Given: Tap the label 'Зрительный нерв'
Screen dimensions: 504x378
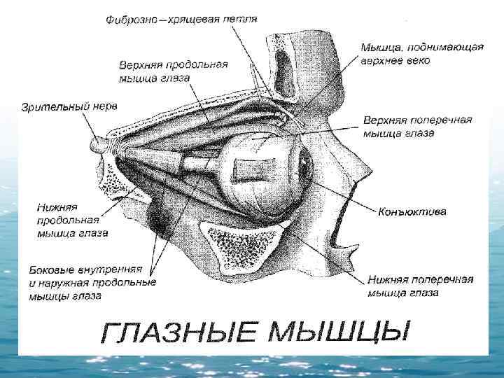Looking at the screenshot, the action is coord(69,107).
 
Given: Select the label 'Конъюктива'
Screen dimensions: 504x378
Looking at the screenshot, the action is coord(412,211).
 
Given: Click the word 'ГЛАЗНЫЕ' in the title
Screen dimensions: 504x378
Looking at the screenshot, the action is coord(182,335).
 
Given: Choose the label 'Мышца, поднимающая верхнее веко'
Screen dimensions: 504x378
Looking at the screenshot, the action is coord(421,54).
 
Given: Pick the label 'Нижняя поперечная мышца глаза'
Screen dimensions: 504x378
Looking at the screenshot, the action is coord(420,286).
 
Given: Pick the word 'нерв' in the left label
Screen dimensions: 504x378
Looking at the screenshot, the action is coord(104,107).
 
